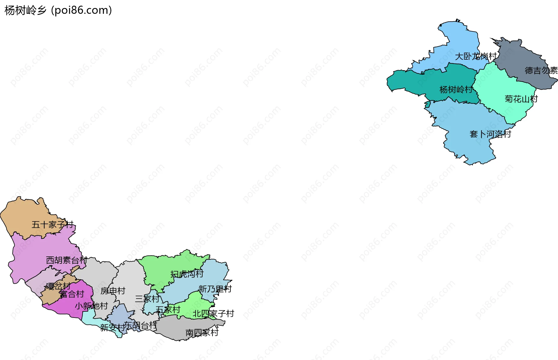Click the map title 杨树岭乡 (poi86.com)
pyautogui.click(x=58, y=10)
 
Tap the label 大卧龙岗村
pyautogui.click(x=475, y=56)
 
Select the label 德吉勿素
pyautogui.click(x=541, y=70)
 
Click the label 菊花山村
pyautogui.click(x=521, y=99)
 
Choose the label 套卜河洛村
pyautogui.click(x=490, y=134)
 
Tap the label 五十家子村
pyautogui.click(x=52, y=224)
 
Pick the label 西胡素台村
pyautogui.click(x=67, y=260)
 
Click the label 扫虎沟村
pyautogui.click(x=187, y=274)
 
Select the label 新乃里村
pyautogui.click(x=215, y=289)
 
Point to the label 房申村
pyautogui.click(x=113, y=291)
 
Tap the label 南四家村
pyautogui.click(x=202, y=333)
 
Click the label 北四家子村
pyautogui.click(x=213, y=314)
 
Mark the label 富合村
pyautogui.click(x=72, y=294)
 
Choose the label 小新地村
pyautogui.click(x=91, y=306)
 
